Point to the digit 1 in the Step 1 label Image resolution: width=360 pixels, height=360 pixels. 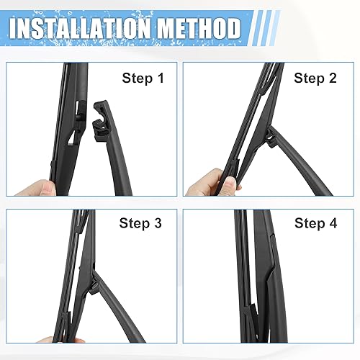click(153, 78)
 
